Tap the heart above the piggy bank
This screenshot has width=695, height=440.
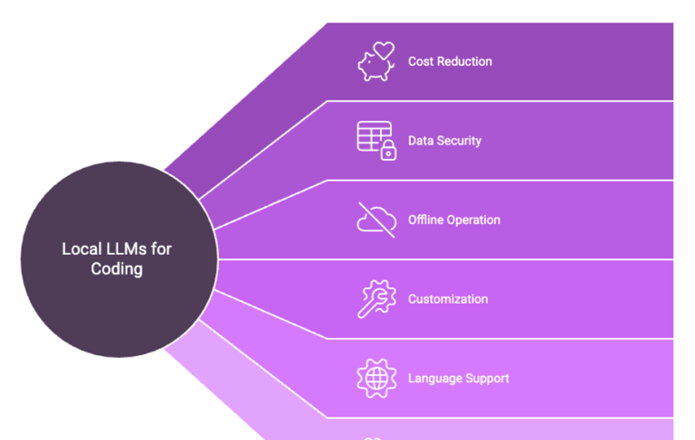[x=386, y=51]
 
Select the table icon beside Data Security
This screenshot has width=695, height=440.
[x=371, y=136]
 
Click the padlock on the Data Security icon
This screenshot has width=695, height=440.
[x=388, y=152]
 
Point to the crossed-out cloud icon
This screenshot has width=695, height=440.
[x=376, y=220]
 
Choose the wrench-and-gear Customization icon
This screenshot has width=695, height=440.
[x=376, y=299]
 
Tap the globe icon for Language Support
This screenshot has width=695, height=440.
[x=376, y=378]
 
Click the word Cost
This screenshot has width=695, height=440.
[x=420, y=61]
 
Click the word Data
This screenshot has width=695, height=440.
[x=421, y=141]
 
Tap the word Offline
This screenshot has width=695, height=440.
[x=426, y=220]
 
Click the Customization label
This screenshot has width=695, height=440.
[x=448, y=299]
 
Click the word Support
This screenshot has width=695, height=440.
[x=487, y=379]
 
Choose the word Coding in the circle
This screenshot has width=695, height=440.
[x=117, y=268]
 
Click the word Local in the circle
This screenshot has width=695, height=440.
[x=80, y=248]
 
